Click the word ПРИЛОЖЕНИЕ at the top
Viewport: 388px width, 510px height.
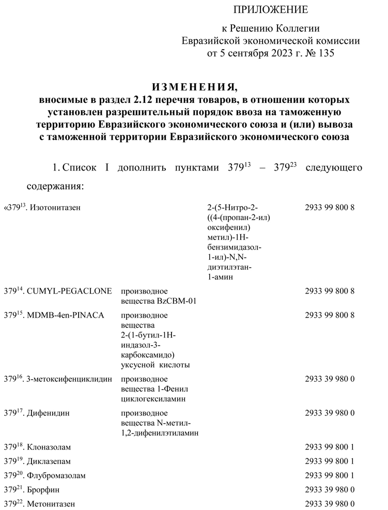click(x=271, y=9)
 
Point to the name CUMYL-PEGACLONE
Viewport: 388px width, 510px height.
click(x=68, y=291)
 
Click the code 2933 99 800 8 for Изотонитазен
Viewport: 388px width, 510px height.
click(x=330, y=208)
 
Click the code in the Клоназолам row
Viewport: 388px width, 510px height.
click(x=330, y=446)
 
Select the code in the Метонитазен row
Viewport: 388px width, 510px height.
click(x=330, y=503)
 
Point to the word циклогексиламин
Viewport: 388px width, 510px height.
click(x=153, y=399)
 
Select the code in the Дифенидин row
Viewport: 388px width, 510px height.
click(x=330, y=413)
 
